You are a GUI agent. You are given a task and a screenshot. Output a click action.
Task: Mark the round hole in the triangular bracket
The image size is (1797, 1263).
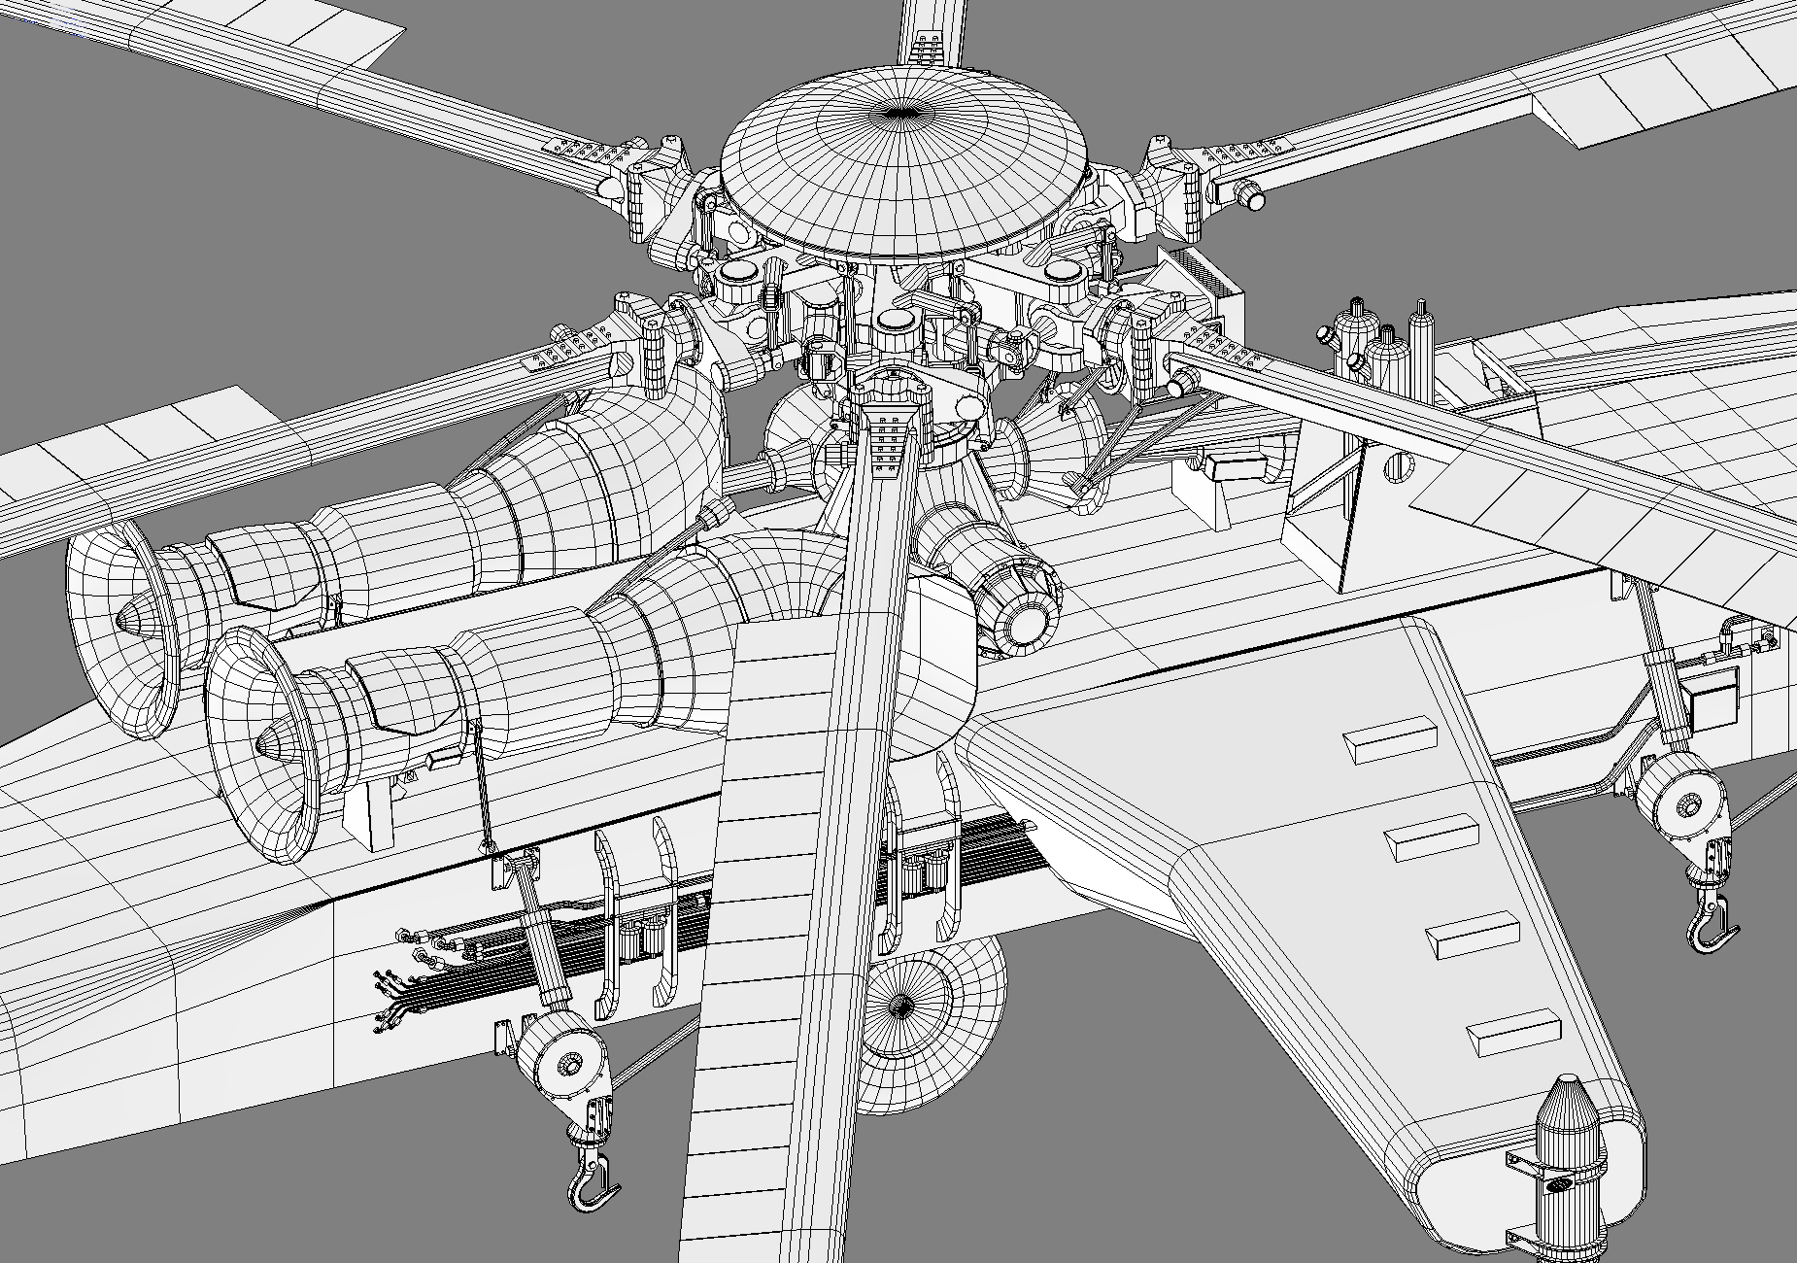click(1397, 467)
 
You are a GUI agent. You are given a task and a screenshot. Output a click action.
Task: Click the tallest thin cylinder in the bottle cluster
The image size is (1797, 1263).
click(1421, 345)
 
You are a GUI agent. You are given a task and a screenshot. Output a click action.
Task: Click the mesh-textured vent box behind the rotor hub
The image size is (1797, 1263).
click(1204, 277)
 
